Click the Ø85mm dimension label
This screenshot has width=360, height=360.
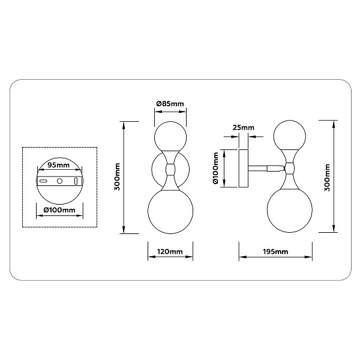[170, 104]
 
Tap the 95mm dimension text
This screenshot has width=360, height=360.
[58, 165]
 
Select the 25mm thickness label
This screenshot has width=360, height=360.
[244, 127]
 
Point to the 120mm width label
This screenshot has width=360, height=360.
[170, 251]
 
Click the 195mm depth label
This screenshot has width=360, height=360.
[275, 251]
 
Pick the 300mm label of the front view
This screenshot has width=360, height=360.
[118, 176]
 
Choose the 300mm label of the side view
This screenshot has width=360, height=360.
[327, 178]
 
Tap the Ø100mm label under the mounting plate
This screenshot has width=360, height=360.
[59, 210]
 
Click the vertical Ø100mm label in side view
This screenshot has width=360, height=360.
[215, 168]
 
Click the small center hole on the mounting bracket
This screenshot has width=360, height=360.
[59, 181]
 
